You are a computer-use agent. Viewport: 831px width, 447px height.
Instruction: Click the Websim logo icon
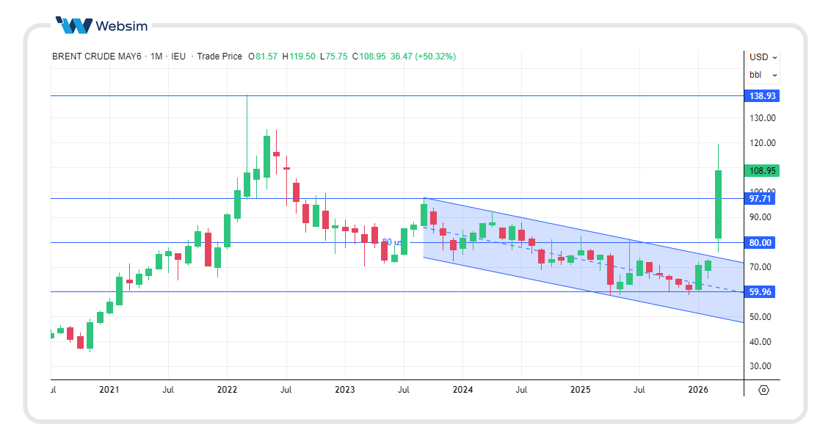click(x=73, y=26)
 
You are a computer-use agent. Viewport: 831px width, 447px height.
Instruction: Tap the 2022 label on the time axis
click(x=227, y=390)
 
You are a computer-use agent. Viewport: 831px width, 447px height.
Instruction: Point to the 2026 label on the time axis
click(x=698, y=390)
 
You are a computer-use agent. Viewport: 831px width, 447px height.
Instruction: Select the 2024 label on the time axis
click(x=462, y=390)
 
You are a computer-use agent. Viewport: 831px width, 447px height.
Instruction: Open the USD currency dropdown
click(x=763, y=57)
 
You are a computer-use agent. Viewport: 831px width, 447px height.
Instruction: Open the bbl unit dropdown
click(x=763, y=75)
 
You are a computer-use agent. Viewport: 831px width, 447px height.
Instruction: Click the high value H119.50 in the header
click(x=300, y=57)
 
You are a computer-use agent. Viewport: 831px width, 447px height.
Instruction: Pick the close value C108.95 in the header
click(x=369, y=57)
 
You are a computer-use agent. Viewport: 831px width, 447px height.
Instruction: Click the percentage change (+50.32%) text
click(x=434, y=57)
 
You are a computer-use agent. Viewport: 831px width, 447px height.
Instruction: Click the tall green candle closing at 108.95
click(x=718, y=204)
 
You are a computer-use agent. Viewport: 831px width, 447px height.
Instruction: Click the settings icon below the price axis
click(x=763, y=390)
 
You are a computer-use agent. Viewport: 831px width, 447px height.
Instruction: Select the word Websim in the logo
click(x=122, y=26)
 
